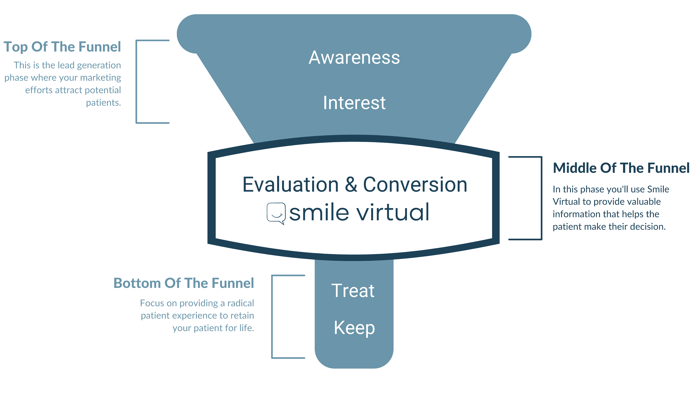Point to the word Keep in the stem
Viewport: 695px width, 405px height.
point(354,328)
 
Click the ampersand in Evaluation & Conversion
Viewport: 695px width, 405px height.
point(351,184)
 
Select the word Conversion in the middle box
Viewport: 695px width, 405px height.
point(415,184)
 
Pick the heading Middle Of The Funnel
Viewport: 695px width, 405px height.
point(621,168)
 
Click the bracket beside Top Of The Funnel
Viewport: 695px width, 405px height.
point(137,82)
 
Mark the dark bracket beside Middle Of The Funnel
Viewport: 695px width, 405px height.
point(542,198)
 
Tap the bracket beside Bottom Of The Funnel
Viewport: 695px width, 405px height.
point(272,317)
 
